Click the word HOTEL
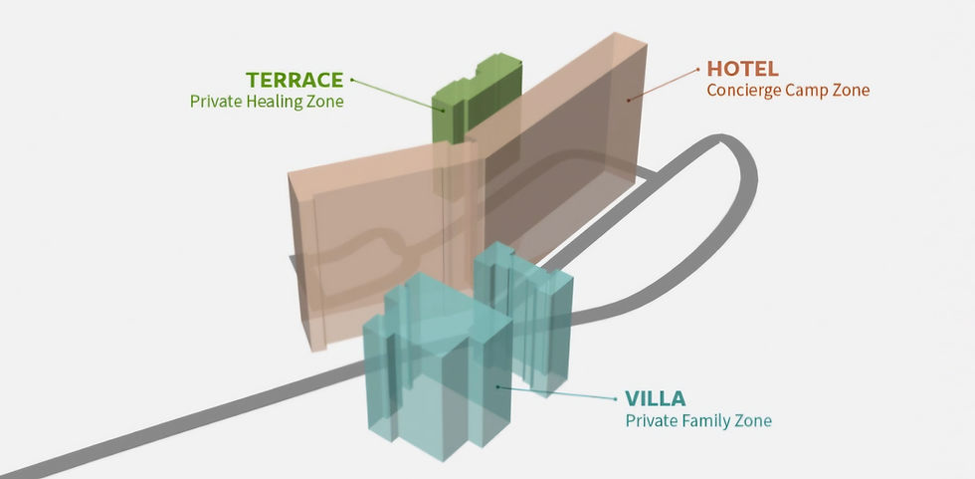(x=742, y=69)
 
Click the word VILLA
(x=655, y=399)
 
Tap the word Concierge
(x=742, y=90)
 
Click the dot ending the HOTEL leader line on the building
(x=628, y=100)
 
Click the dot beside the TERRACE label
(x=352, y=79)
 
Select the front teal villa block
(x=438, y=368)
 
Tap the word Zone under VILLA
(x=752, y=420)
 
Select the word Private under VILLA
(x=650, y=420)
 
